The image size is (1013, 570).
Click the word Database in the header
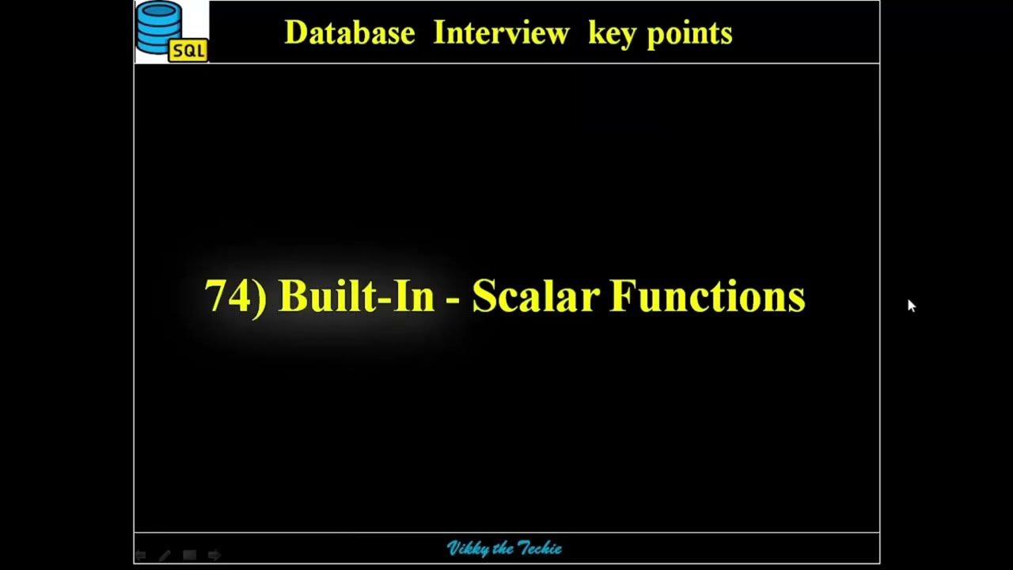coord(349,33)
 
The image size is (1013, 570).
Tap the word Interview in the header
coord(501,33)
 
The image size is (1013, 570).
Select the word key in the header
coord(613,34)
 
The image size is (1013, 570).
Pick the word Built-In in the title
coord(356,297)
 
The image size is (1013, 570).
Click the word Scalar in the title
coord(535,297)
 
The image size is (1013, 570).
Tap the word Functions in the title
coord(708,297)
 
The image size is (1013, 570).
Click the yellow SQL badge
coord(188,51)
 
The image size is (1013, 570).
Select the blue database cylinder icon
coord(159,26)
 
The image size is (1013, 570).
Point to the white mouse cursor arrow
coord(911,305)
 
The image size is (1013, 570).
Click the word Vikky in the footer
coord(468,549)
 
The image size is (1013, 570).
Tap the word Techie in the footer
coord(540,549)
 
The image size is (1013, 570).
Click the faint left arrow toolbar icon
coord(141,556)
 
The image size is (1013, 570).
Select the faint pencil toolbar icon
coord(165,556)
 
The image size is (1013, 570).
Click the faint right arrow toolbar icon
coord(214,556)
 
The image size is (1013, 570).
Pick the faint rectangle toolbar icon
coord(189,556)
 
